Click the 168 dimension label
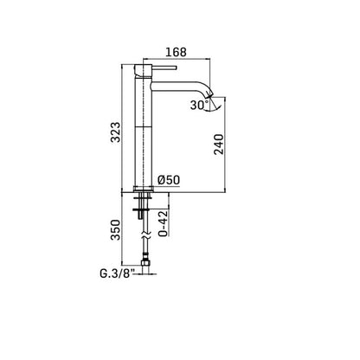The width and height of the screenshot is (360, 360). (176, 52)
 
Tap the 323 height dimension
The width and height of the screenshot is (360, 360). (116, 132)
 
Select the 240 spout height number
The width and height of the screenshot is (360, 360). (219, 145)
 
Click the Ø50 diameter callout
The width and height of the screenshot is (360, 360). (169, 180)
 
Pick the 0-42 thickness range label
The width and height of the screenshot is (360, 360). (163, 224)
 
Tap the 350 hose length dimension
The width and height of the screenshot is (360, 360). (116, 230)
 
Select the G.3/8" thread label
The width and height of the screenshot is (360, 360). (117, 273)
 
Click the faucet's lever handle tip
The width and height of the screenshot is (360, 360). (175, 67)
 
